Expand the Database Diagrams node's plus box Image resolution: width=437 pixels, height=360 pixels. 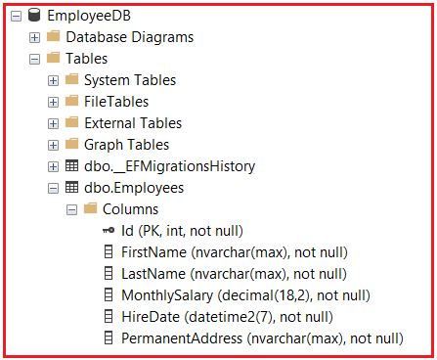(35, 37)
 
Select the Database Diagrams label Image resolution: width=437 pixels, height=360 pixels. (129, 37)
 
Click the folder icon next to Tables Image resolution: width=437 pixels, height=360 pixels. (53, 59)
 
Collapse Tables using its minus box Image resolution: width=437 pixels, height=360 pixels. (35, 59)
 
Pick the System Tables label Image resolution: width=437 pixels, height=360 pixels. (131, 80)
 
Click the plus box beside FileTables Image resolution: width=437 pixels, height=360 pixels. (53, 102)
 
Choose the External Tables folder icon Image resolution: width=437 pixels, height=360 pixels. (71, 123)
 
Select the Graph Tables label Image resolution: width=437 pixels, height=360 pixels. (126, 145)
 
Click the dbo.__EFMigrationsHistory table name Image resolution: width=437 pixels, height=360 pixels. (163, 166)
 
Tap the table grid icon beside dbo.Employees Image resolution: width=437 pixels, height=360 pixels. (71, 188)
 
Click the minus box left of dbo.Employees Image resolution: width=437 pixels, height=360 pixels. (53, 188)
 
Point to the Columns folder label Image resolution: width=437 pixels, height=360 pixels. (130, 209)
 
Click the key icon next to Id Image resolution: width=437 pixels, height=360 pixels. (108, 231)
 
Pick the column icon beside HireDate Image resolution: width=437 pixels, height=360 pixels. (108, 317)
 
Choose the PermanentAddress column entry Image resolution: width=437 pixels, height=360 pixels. (261, 338)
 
